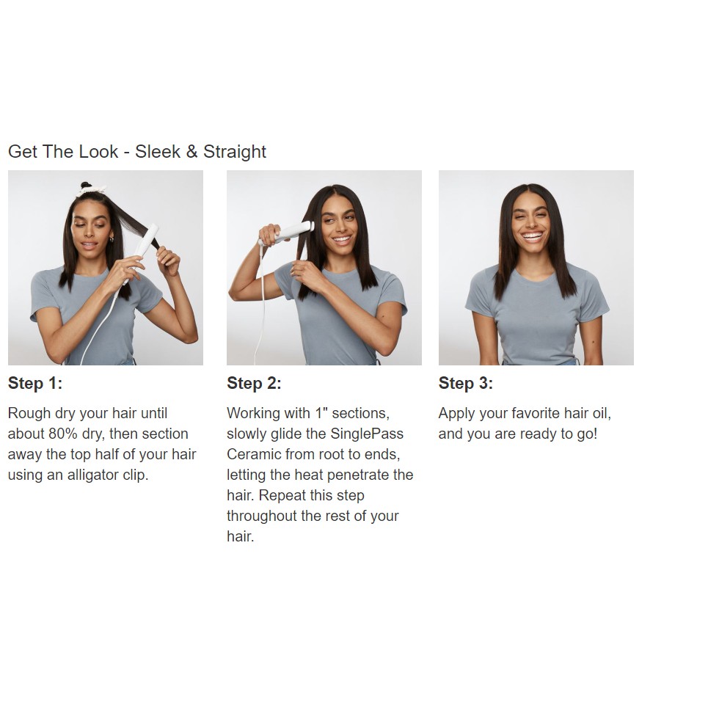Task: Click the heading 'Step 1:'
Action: [x=34, y=384]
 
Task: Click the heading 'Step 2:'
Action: [x=254, y=384]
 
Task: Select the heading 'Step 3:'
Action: [x=466, y=384]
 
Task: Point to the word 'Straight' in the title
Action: [x=235, y=152]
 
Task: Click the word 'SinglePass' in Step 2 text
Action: [x=367, y=434]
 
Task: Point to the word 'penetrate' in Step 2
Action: [x=356, y=475]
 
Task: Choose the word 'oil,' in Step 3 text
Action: [x=601, y=414]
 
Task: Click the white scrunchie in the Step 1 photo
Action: [x=92, y=189]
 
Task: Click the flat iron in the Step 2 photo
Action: [x=287, y=232]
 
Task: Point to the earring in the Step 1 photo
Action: [x=111, y=239]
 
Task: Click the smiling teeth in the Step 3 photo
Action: [x=533, y=236]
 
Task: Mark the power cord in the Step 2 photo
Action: [x=261, y=307]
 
